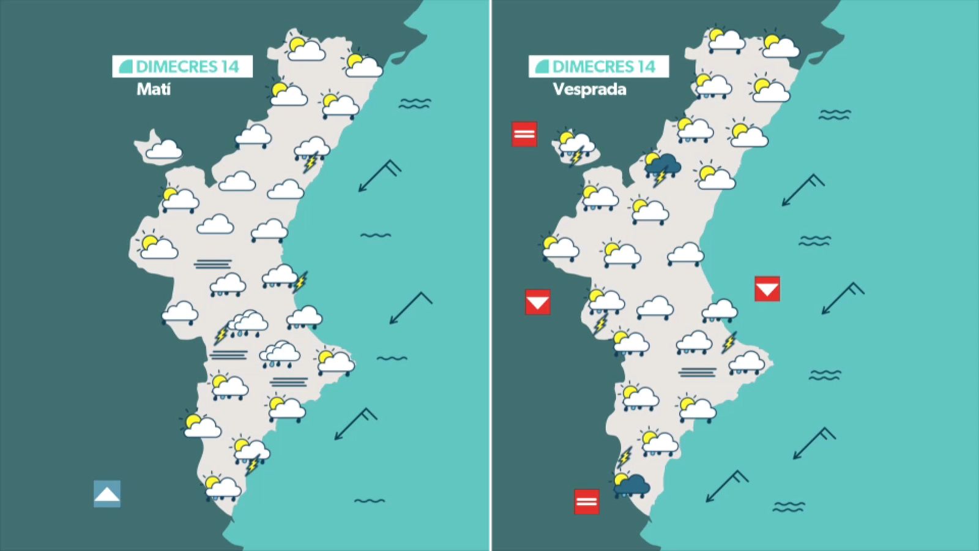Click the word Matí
[154, 89]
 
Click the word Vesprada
[589, 89]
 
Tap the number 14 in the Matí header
[230, 67]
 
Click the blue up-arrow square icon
[107, 493]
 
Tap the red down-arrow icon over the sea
[767, 289]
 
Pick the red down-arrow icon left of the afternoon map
[537, 302]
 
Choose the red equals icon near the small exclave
[524, 134]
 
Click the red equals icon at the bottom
[586, 501]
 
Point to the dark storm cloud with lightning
[661, 167]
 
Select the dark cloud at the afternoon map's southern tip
[631, 485]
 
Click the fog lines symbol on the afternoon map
[697, 372]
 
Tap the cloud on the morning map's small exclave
[163, 149]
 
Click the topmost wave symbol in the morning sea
[414, 104]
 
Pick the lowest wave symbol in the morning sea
[370, 501]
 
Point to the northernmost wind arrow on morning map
[379, 176]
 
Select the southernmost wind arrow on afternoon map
[726, 485]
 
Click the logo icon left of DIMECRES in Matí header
[125, 67]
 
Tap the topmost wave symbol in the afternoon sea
[835, 114]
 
